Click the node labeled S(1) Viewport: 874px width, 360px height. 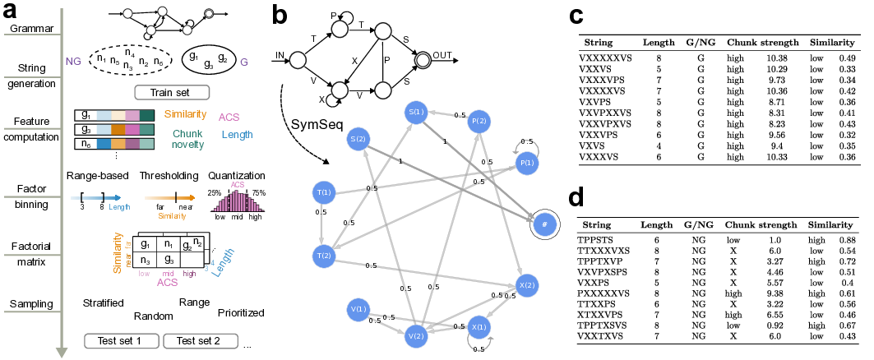point(416,112)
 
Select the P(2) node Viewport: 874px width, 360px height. point(479,122)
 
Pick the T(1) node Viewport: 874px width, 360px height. point(324,193)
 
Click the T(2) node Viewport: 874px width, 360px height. point(324,256)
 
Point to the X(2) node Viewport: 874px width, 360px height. point(527,286)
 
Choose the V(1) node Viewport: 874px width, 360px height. point(358,310)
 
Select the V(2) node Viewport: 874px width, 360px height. point(416,335)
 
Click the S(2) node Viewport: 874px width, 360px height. point(358,139)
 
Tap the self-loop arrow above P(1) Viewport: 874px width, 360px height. point(526,145)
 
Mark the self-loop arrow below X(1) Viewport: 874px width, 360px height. point(479,345)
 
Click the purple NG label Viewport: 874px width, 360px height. point(73,62)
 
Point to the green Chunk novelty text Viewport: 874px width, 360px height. point(187,139)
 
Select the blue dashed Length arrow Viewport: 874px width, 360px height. point(95,198)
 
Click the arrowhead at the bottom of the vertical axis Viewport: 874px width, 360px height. point(62,353)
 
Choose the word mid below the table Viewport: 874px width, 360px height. point(168,274)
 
